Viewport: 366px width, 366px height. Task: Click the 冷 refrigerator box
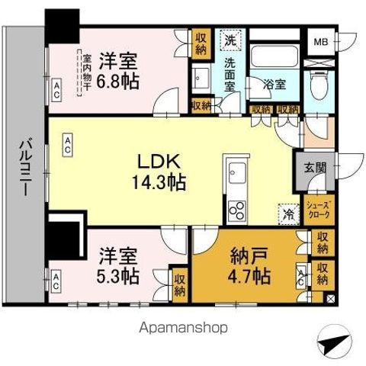(x=288, y=215)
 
